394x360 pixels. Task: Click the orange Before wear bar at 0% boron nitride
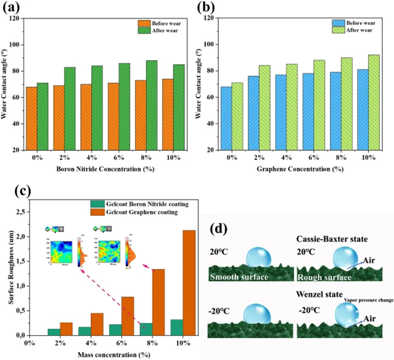pos(31,118)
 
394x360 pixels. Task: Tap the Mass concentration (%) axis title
pos(109,354)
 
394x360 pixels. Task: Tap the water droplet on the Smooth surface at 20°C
pos(259,253)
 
